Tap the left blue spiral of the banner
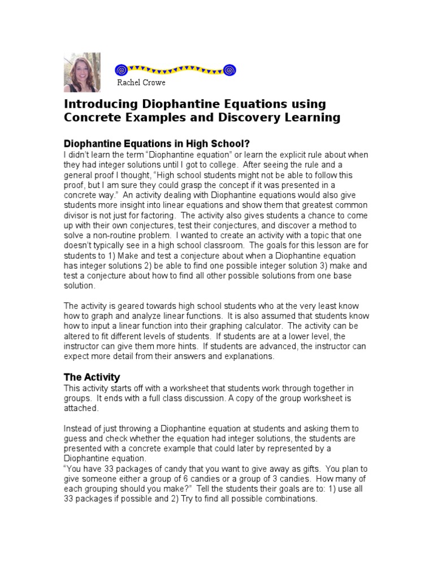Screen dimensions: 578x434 coord(120,70)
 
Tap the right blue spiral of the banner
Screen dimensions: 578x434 coord(229,70)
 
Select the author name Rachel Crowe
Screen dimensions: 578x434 coord(141,83)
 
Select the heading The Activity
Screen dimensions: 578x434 coord(92,377)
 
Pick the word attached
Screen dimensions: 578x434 coord(81,408)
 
